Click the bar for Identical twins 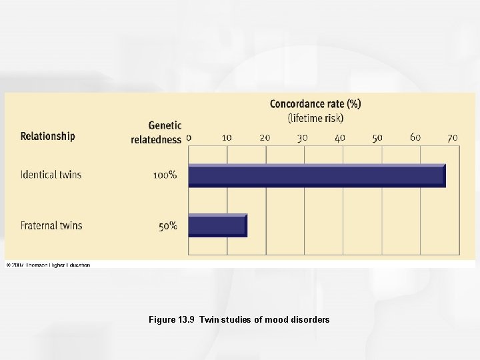click(x=317, y=175)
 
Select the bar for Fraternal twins click(x=217, y=225)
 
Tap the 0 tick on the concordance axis click(x=189, y=137)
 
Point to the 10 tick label click(x=227, y=137)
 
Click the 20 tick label click(x=265, y=137)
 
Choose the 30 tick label click(x=302, y=137)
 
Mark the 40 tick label click(x=340, y=137)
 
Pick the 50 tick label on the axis click(x=377, y=137)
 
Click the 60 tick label click(x=415, y=137)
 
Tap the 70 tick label click(x=453, y=137)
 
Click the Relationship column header click(x=48, y=136)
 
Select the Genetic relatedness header click(x=157, y=133)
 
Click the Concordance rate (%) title click(x=315, y=104)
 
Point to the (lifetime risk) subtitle click(x=315, y=118)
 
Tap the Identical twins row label click(x=51, y=175)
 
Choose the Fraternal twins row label click(x=51, y=226)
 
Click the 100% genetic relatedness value click(x=165, y=175)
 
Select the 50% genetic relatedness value click(x=167, y=226)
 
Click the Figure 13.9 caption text click(x=239, y=320)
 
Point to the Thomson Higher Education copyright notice click(x=48, y=265)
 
